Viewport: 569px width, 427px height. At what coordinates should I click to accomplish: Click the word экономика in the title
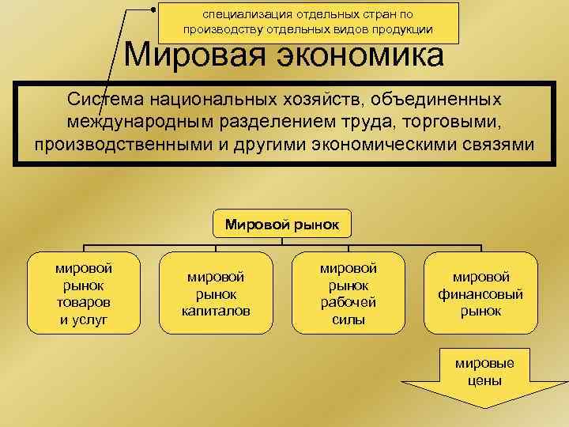click(x=363, y=56)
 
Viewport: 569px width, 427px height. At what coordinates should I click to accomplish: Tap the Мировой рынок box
click(x=282, y=224)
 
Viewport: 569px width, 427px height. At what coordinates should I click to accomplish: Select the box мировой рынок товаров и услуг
click(x=84, y=293)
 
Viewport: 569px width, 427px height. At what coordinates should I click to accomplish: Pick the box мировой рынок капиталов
click(x=217, y=293)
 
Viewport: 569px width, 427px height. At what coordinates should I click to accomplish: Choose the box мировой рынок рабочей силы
click(x=349, y=293)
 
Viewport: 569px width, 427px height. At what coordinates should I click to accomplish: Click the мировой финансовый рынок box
click(x=480, y=293)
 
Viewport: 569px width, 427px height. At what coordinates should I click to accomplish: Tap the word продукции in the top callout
click(x=403, y=29)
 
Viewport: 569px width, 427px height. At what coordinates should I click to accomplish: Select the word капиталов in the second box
click(x=217, y=311)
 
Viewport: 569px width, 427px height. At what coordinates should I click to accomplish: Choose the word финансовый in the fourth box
click(x=480, y=293)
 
